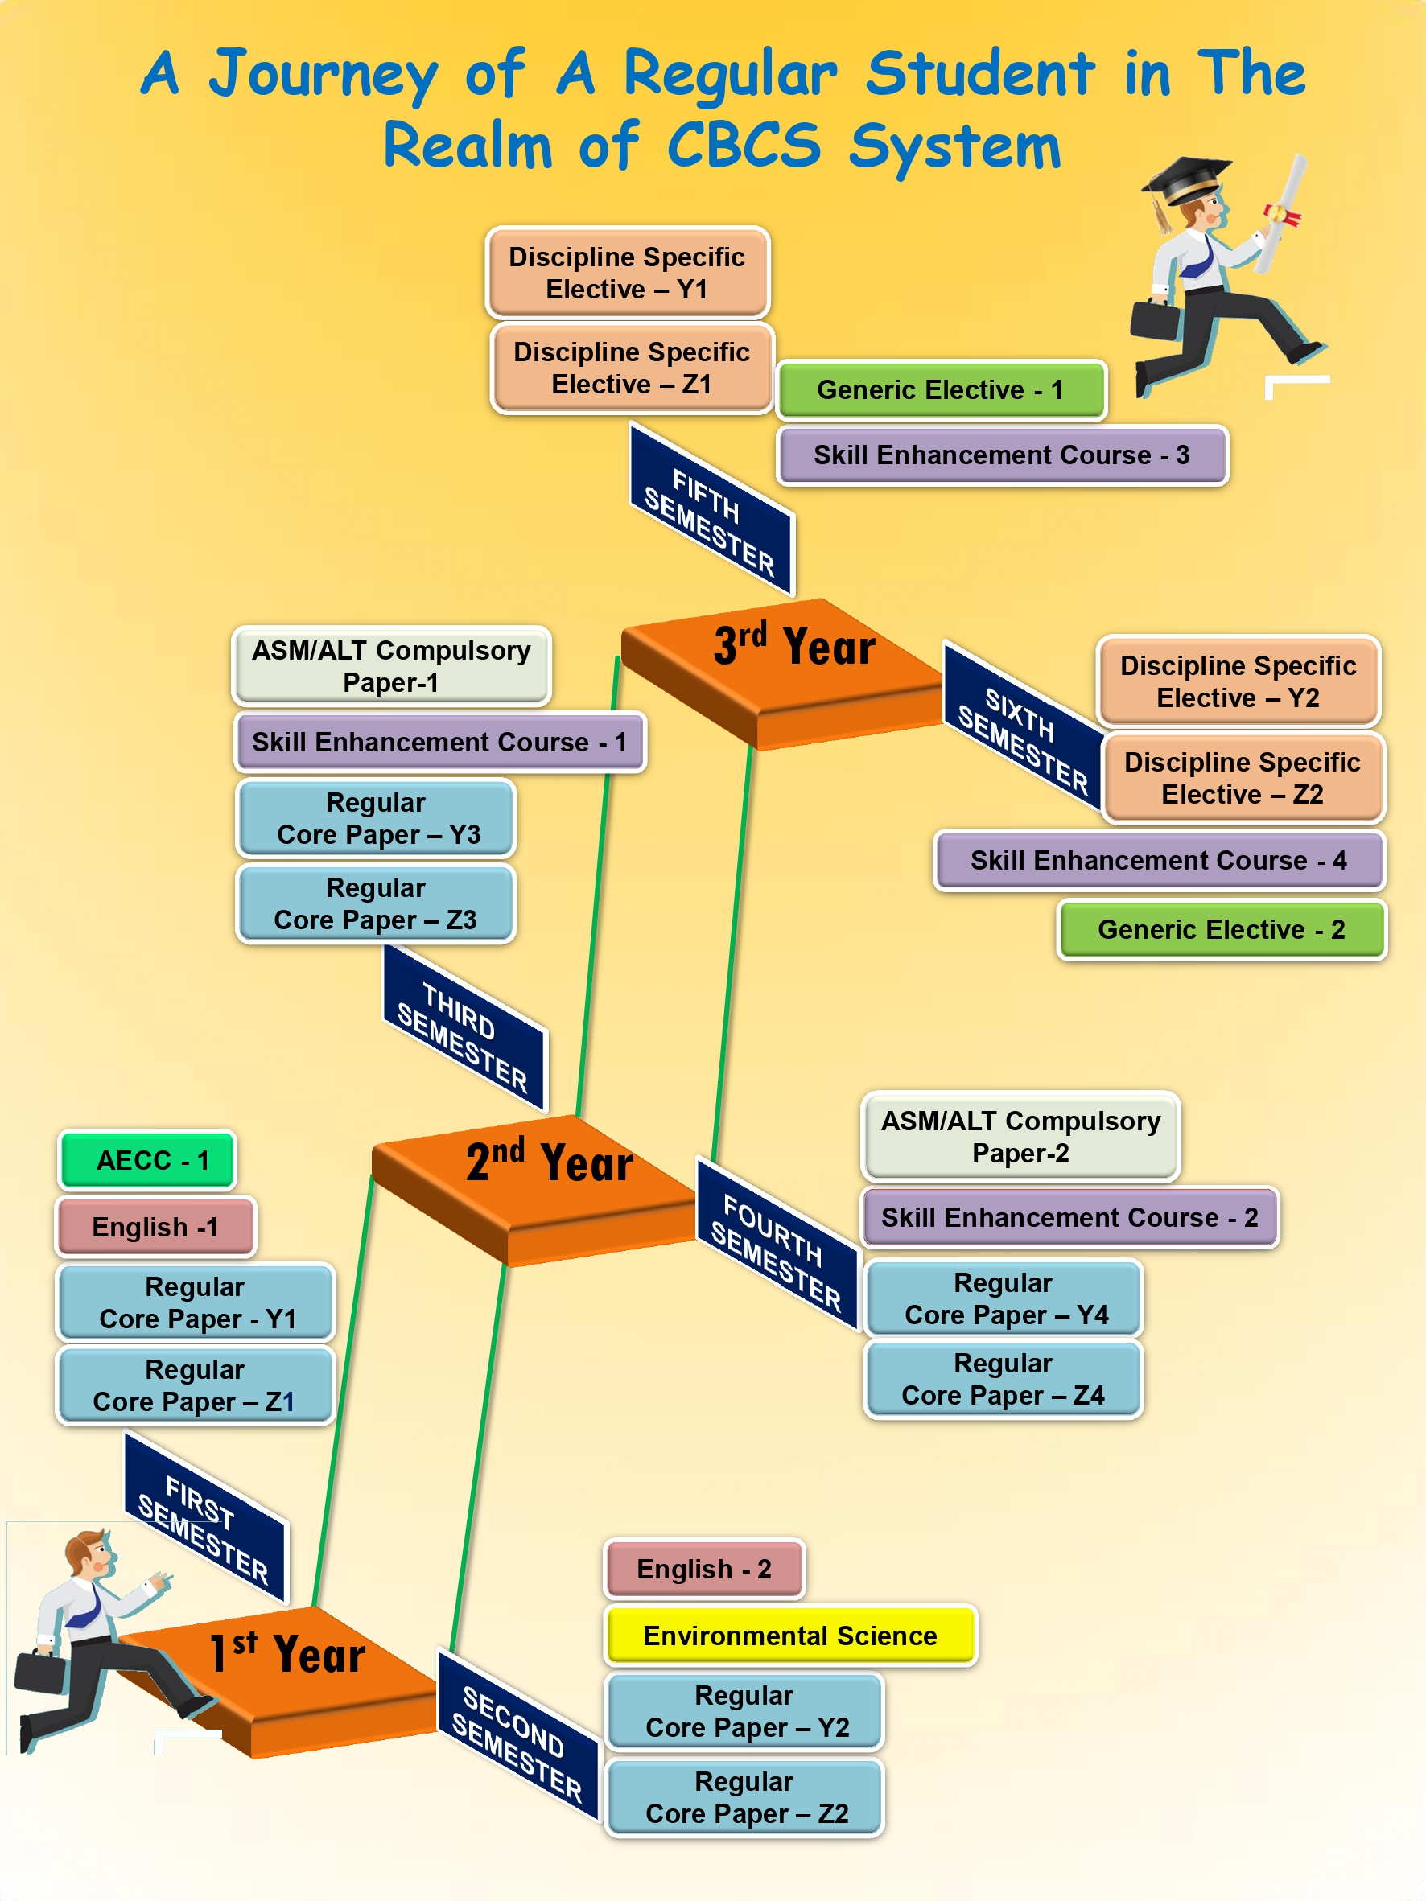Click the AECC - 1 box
(x=147, y=1160)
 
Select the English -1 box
(x=155, y=1227)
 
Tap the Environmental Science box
(x=790, y=1636)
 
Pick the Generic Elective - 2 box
(x=1222, y=929)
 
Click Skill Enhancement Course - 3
(x=1002, y=455)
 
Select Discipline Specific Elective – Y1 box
(x=627, y=273)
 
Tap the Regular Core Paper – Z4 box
(x=1003, y=1380)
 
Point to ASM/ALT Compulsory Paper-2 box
(x=1020, y=1136)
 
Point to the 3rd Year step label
(x=794, y=646)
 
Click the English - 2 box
(x=704, y=1569)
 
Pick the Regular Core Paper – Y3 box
(x=376, y=818)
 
